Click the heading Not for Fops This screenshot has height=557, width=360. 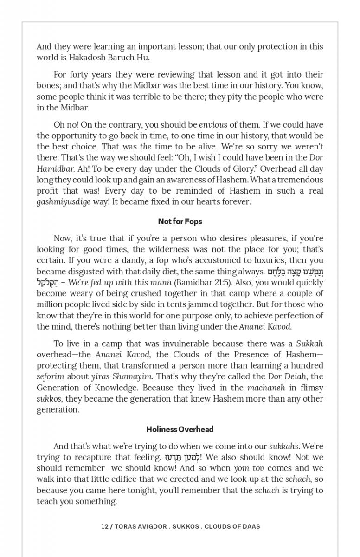pos(180,221)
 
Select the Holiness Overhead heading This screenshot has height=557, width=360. pos(180,429)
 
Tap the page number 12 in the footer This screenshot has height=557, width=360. pos(105,526)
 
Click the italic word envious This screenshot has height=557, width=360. pos(213,125)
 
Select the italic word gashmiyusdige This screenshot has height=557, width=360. pos(64,202)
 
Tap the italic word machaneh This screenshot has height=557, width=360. pos(265,388)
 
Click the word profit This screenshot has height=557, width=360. pos(47,191)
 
